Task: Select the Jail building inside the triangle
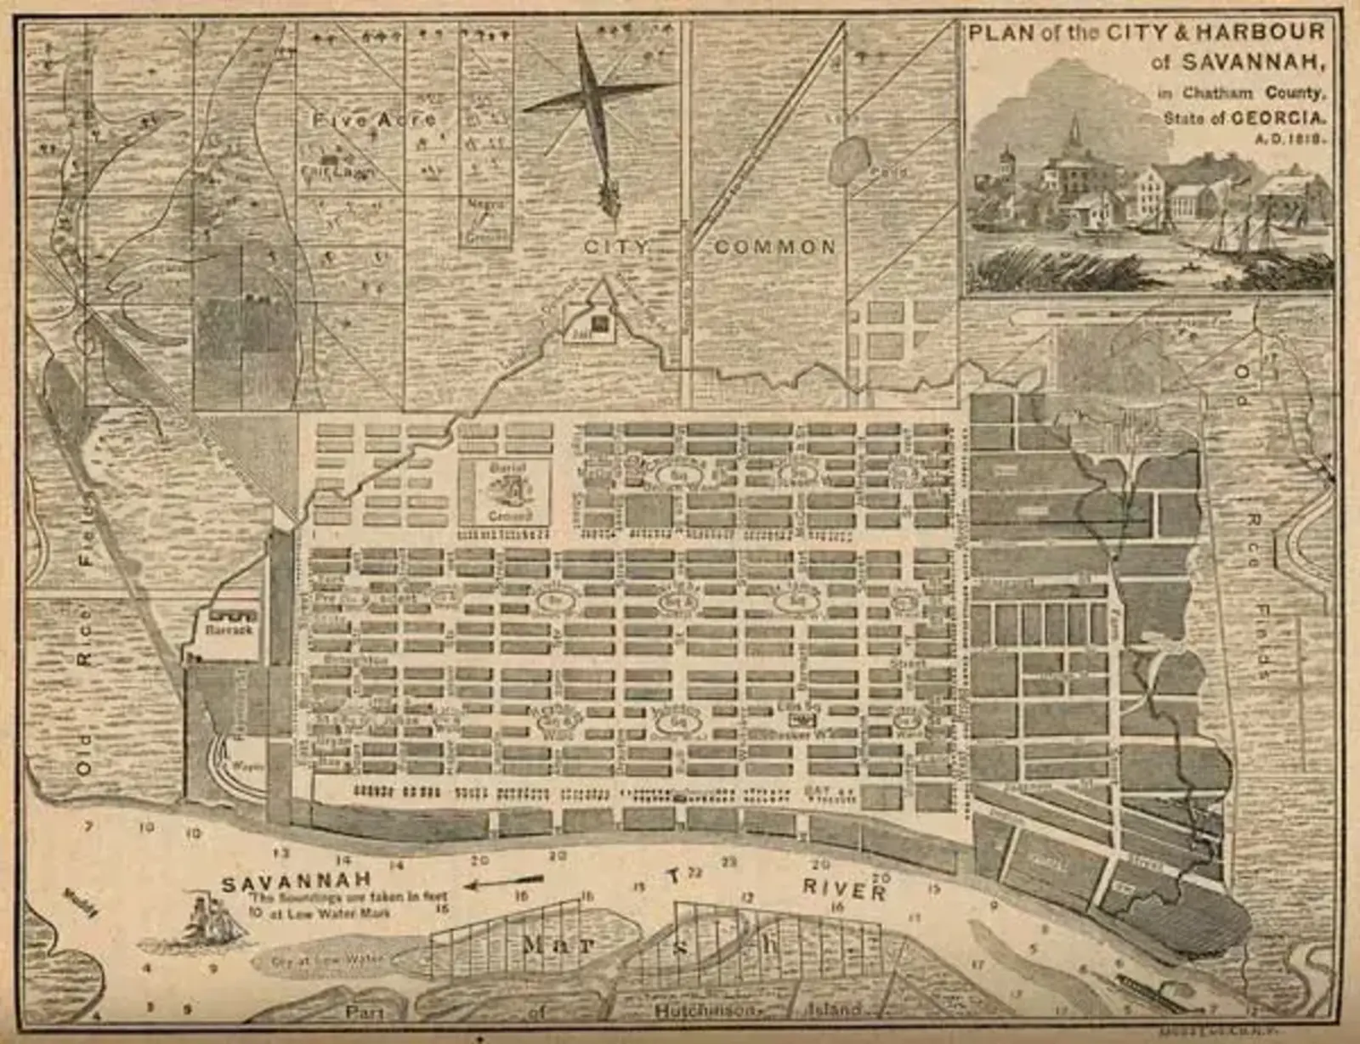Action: pyautogui.click(x=601, y=324)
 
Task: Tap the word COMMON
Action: pyautogui.click(x=775, y=247)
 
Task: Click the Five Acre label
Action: pyautogui.click(x=374, y=120)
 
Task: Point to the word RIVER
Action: pyautogui.click(x=844, y=889)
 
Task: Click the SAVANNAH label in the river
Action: pyautogui.click(x=296, y=883)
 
